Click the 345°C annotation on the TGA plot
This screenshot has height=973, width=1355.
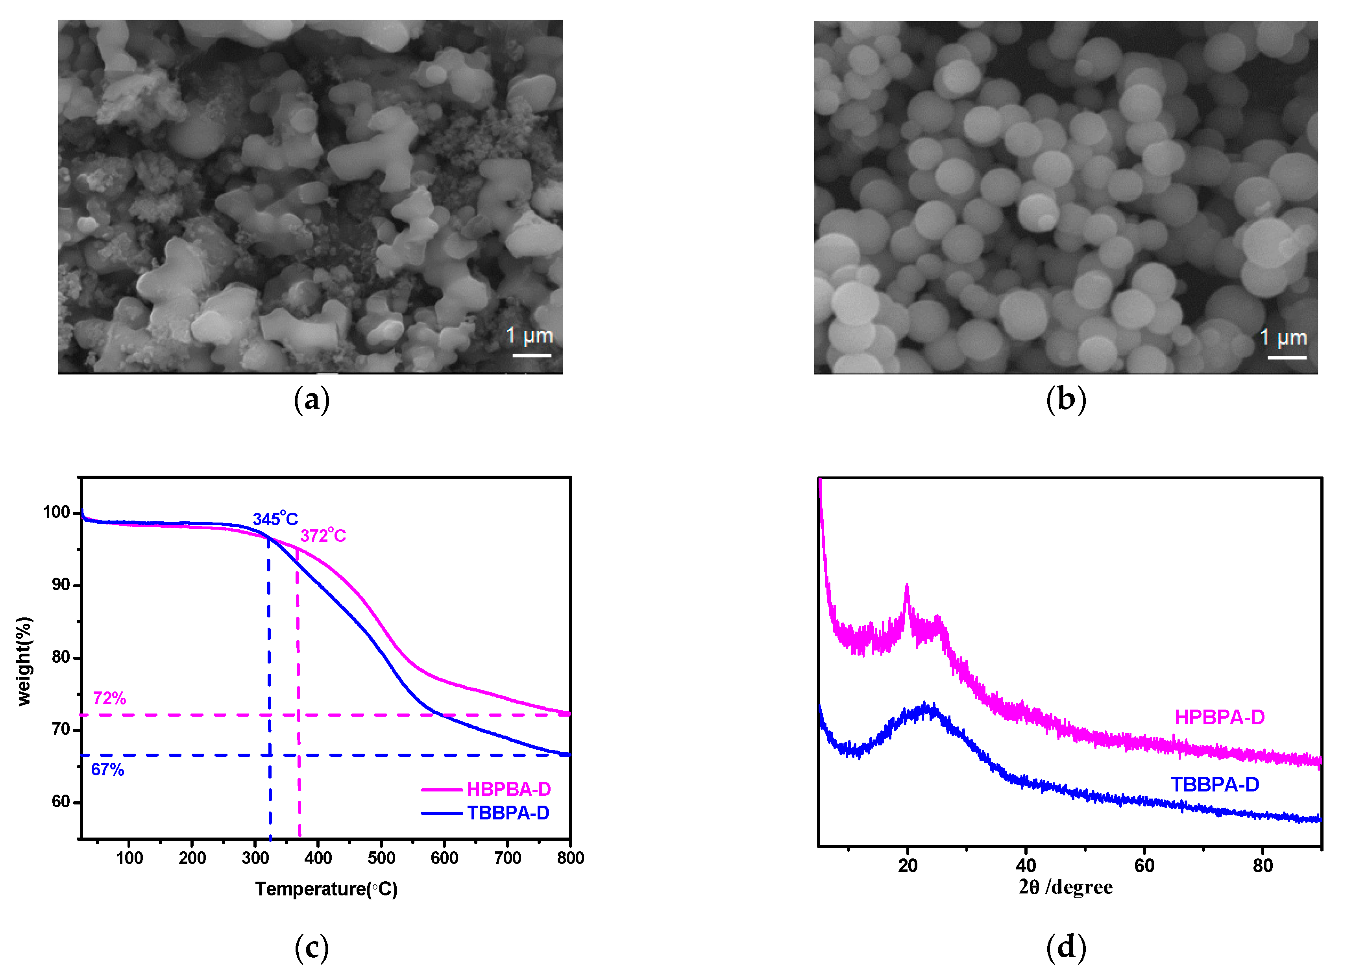275,519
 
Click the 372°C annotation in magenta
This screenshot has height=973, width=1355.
323,536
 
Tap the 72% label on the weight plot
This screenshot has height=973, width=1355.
109,698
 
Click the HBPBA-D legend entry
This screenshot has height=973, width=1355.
508,790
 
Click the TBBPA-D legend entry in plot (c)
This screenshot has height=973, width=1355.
508,813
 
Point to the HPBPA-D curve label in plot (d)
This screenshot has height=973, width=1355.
1219,717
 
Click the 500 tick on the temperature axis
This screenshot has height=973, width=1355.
381,858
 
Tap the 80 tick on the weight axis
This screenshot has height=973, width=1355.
61,658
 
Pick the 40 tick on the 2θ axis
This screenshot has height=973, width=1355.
1026,866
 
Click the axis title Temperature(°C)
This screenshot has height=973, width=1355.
326,890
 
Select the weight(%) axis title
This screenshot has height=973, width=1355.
24,661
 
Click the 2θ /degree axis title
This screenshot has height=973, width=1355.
1065,888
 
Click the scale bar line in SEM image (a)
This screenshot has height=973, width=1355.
532,356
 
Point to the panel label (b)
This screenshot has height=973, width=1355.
1066,399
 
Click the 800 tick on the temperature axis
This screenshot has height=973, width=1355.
570,858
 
